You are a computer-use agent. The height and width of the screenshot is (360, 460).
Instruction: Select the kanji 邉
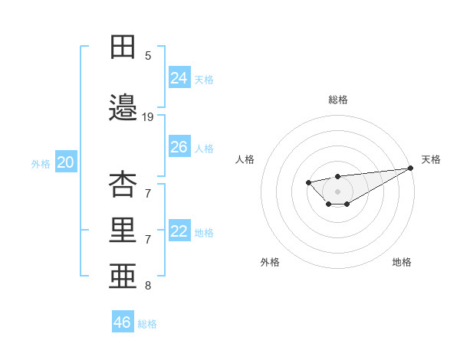123,108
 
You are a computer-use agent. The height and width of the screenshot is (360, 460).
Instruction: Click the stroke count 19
148,117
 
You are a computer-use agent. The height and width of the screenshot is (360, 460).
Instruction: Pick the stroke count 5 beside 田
148,55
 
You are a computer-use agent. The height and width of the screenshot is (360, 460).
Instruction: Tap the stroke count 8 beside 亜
148,286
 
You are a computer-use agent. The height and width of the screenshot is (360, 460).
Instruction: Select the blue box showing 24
179,77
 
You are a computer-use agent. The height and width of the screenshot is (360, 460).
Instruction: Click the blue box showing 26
179,147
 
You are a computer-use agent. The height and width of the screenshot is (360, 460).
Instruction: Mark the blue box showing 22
179,231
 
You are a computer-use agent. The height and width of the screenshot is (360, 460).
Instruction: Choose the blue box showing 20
66,162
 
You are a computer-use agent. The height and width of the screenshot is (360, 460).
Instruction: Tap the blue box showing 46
123,322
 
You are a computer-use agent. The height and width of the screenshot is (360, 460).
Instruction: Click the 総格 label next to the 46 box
147,324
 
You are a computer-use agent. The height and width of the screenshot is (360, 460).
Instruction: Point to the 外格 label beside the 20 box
41,163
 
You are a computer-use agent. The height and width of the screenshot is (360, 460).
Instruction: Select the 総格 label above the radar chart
337,100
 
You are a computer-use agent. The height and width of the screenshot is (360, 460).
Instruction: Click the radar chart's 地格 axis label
402,262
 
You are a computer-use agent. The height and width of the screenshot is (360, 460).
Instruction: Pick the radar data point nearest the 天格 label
411,168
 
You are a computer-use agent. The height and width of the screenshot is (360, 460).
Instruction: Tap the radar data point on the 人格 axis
308,182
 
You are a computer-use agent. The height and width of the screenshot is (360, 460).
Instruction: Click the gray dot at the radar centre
337,191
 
